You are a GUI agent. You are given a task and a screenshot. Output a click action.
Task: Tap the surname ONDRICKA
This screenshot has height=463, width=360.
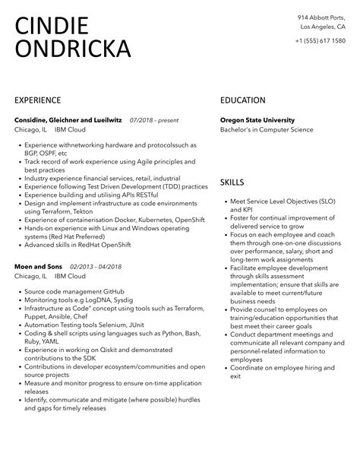[73, 49]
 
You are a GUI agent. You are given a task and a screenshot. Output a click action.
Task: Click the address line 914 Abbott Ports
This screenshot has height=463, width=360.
[323, 17]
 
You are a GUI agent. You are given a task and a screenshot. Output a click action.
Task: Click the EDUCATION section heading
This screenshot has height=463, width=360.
[242, 100]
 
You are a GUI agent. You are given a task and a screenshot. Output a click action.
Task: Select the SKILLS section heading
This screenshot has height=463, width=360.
[232, 183]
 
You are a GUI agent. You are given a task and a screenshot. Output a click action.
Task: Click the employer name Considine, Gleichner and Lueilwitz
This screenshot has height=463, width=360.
[68, 119]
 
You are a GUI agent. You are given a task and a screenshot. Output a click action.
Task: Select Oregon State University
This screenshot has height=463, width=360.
[257, 119]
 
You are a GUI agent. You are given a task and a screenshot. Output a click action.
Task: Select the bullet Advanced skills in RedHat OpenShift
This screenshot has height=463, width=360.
[81, 244]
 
